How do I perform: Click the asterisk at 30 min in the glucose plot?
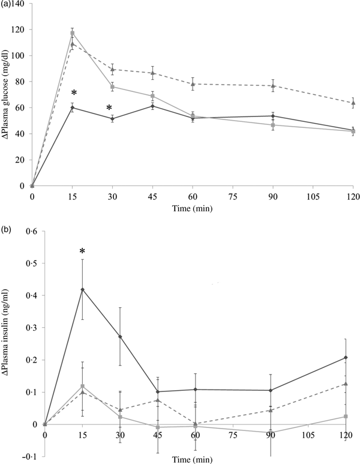pos(109,108)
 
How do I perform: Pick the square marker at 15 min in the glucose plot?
pos(72,33)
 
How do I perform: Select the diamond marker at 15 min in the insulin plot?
pos(83,289)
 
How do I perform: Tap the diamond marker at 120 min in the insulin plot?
pos(346,358)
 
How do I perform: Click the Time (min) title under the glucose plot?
pos(193,208)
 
